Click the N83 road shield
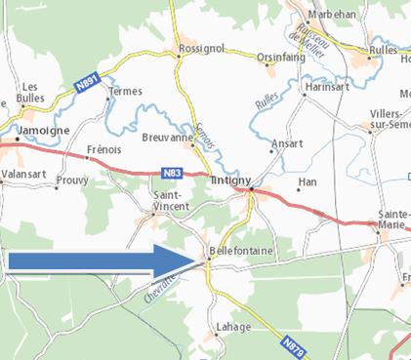170,174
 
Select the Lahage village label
234,327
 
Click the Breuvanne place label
165,139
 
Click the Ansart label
288,142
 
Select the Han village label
308,182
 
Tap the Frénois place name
103,150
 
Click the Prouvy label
72,180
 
